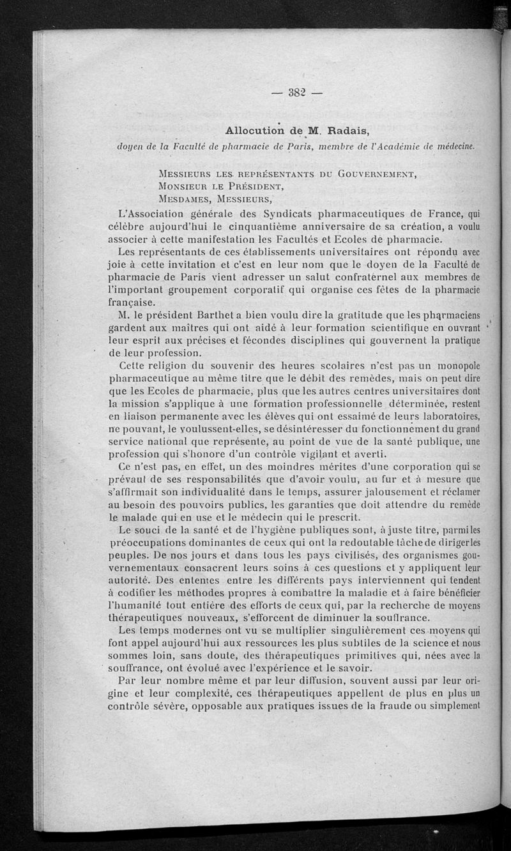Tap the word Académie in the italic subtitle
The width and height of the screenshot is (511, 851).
418,146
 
